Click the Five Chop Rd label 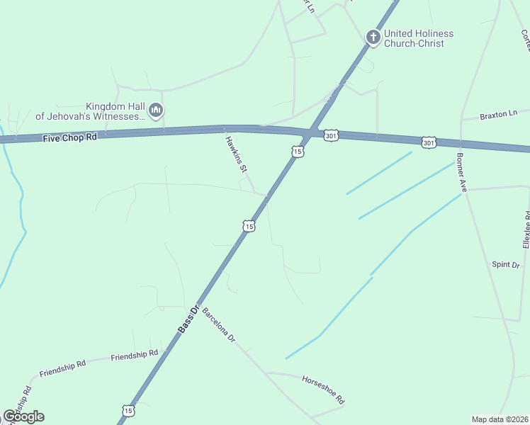[69, 137]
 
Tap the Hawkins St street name [235, 153]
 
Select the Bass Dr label [186, 319]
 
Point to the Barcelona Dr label [218, 325]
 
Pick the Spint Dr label [506, 265]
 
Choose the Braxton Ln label [499, 114]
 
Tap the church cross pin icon [373, 36]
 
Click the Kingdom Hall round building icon [157, 110]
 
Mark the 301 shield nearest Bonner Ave [429, 143]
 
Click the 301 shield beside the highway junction [331, 135]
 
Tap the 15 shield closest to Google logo [128, 410]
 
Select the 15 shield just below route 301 [298, 151]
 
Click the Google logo [23, 416]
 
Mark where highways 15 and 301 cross [311, 133]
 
